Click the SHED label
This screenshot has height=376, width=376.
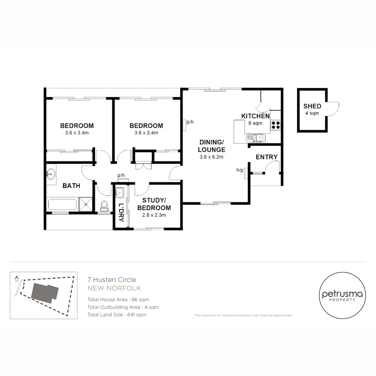tap(312, 106)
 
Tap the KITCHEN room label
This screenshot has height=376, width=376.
tap(256, 116)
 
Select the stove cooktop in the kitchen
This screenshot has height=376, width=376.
tap(275, 125)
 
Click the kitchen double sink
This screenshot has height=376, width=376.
tap(256, 138)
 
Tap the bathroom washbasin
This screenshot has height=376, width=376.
tap(51, 173)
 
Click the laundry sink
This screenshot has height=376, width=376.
tap(120, 192)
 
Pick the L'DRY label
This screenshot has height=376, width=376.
tap(121, 210)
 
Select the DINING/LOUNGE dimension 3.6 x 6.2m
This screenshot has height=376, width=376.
tap(211, 157)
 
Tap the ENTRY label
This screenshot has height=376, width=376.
tap(267, 157)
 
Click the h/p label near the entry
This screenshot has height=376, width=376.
tap(240, 170)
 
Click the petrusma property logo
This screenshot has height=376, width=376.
tap(342, 296)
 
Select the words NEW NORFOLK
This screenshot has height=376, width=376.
tap(114, 288)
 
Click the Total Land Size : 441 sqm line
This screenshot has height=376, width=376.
tap(117, 315)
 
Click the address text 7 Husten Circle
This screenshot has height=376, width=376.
tap(111, 279)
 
